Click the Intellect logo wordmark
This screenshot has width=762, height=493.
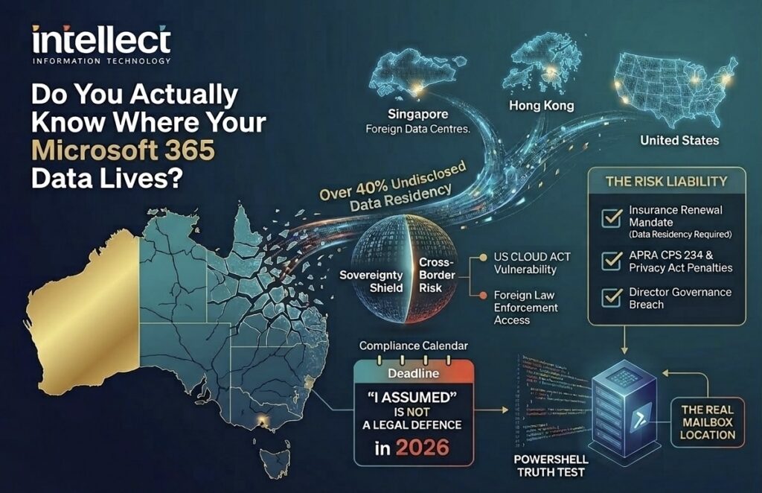[101, 39]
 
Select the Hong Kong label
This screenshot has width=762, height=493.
[541, 106]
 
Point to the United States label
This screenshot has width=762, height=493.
[679, 140]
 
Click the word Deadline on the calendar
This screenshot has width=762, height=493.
[414, 373]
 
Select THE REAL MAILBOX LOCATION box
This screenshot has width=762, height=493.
[707, 422]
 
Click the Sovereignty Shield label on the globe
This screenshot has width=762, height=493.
[371, 282]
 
